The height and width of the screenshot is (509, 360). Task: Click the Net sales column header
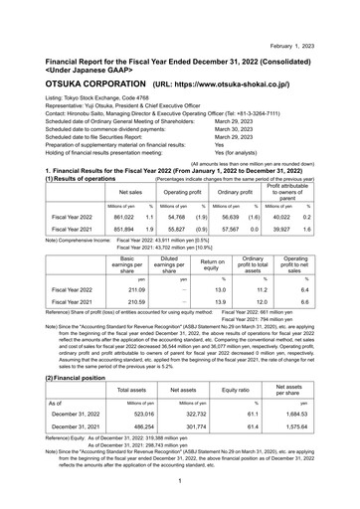pyautogui.click(x=130, y=188)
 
